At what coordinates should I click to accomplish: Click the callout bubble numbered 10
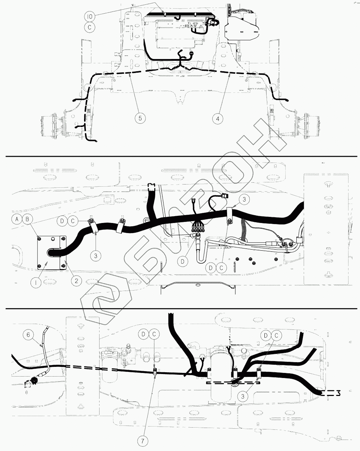89,16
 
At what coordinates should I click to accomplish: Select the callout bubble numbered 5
140,118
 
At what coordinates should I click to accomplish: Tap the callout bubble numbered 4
218,119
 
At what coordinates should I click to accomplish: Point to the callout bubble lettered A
17,219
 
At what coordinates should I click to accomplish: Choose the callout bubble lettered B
27,219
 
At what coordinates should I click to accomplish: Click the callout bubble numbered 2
76,281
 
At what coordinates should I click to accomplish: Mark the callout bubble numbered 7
143,441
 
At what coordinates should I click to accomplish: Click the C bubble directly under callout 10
89,27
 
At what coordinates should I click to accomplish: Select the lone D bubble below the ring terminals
183,261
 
